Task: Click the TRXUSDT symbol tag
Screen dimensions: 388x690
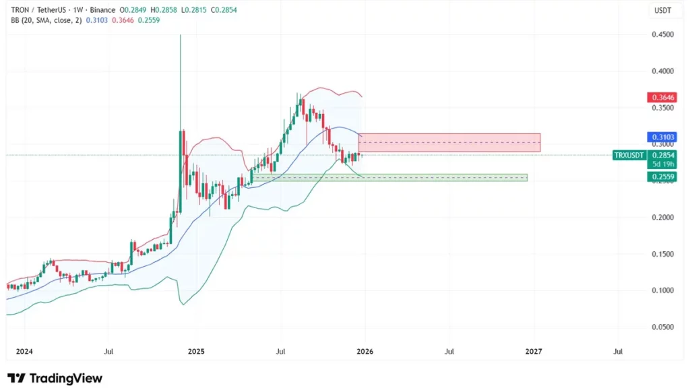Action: click(x=630, y=155)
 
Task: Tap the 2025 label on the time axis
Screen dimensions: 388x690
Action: click(x=196, y=351)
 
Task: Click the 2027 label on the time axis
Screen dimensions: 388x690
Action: click(x=534, y=351)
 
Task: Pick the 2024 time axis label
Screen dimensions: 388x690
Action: click(x=24, y=351)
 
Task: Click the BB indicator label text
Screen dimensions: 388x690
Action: click(x=45, y=21)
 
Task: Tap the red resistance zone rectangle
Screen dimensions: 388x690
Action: click(x=449, y=142)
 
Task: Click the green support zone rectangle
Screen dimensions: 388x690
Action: click(x=443, y=178)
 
